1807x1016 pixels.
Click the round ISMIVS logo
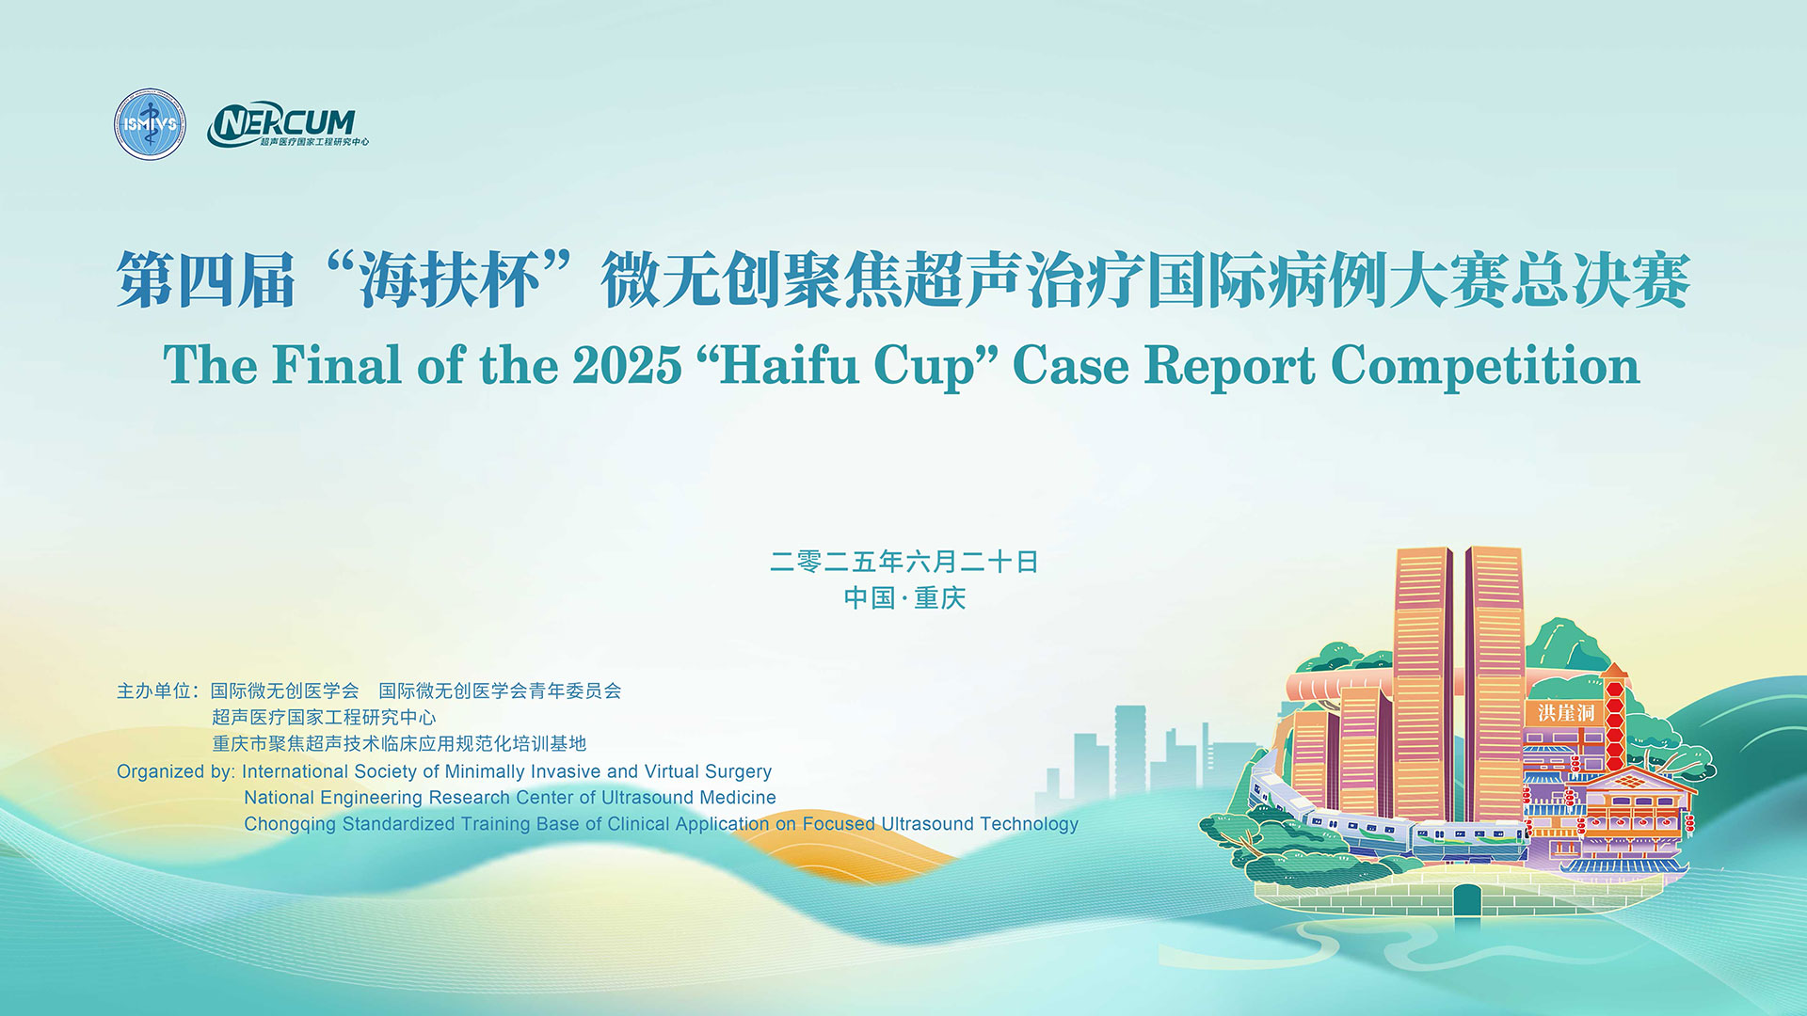(150, 124)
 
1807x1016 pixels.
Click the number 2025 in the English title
(627, 365)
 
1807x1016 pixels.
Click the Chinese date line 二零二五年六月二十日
(903, 562)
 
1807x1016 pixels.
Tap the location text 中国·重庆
(904, 597)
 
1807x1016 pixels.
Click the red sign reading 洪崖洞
(1566, 712)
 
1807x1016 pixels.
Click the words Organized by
(176, 772)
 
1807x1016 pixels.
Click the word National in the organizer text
(280, 798)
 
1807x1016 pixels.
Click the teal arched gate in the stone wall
(1466, 900)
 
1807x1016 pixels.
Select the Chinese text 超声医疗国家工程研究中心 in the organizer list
(324, 717)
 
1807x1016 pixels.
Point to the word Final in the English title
(336, 365)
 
